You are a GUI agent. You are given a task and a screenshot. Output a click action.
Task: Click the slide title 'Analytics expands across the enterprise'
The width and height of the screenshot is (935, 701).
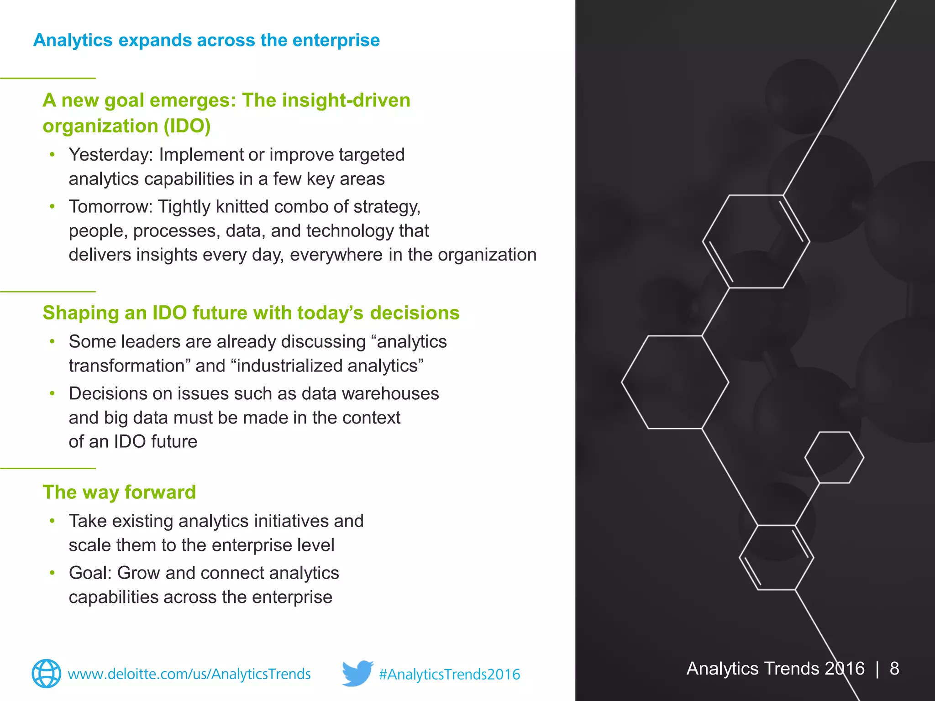(x=206, y=40)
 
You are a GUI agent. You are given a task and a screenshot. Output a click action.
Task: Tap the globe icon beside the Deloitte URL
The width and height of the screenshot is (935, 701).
(x=46, y=674)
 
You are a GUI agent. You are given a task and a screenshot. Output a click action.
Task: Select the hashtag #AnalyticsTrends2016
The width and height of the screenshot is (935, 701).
(x=449, y=674)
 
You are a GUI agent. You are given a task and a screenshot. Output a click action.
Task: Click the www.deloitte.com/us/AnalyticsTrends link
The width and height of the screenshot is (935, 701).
(x=189, y=674)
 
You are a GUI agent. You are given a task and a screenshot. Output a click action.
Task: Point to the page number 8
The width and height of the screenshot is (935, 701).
(x=894, y=669)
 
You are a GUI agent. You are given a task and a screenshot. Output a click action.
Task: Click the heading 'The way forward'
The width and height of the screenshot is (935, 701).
(x=119, y=492)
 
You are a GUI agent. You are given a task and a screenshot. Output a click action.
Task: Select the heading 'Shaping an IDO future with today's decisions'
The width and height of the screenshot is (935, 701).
(x=251, y=313)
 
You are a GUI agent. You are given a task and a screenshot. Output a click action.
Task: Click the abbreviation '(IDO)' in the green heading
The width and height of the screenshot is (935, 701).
(x=187, y=126)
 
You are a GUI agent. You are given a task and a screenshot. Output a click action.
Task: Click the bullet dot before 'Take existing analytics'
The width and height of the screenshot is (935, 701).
(x=53, y=521)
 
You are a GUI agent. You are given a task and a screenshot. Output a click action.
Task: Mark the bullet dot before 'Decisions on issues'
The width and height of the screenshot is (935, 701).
(x=53, y=393)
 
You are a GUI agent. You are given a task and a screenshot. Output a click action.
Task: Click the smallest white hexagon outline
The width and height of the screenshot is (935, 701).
(x=834, y=457)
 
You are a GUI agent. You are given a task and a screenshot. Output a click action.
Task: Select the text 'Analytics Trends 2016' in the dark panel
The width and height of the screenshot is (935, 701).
(x=775, y=669)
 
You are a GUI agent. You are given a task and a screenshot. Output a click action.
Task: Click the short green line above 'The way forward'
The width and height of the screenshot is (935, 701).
(x=47, y=468)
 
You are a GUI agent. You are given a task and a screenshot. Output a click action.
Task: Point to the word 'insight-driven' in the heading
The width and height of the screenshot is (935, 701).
(x=346, y=100)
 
